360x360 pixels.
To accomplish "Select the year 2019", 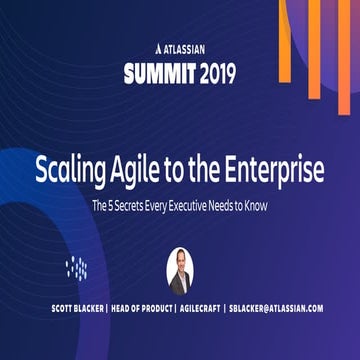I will point(213,73).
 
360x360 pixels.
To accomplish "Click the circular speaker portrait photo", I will point(180,267).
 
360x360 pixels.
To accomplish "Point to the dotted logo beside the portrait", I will point(77,268).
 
